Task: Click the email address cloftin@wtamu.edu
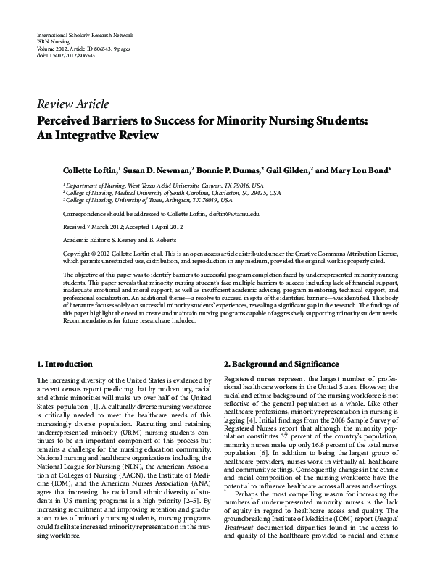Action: click(233, 215)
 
